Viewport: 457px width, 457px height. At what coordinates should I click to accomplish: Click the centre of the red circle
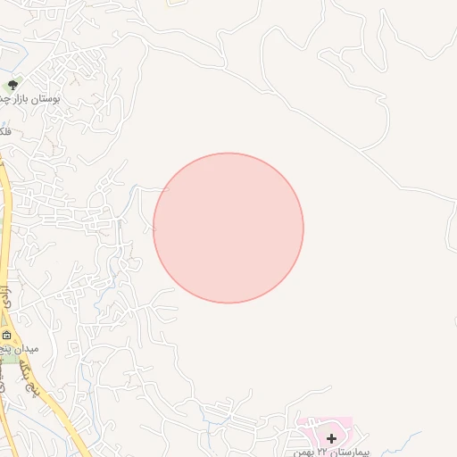228,228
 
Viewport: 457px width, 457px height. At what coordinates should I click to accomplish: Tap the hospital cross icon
332,437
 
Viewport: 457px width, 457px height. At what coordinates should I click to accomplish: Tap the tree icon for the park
12,85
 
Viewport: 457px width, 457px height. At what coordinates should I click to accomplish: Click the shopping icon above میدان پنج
8,337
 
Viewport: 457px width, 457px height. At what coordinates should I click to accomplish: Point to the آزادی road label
6,300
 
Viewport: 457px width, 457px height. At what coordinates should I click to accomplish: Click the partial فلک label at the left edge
6,131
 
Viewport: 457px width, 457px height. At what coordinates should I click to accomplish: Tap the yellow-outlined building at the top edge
178,3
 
